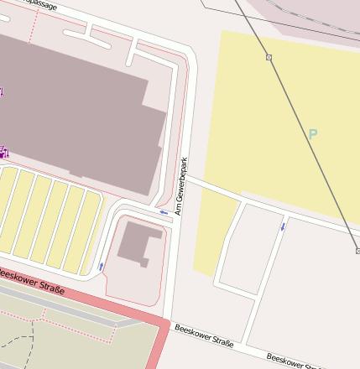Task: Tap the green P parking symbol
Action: click(313, 133)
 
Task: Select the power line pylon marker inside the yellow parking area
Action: click(269, 57)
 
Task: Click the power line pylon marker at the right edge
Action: click(357, 250)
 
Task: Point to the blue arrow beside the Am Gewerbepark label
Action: click(164, 213)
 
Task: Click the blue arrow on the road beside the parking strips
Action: click(102, 266)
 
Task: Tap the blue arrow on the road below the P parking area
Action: click(283, 226)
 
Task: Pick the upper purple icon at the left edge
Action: click(2, 91)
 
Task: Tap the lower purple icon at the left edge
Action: click(3, 152)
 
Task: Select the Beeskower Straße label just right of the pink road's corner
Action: click(204, 335)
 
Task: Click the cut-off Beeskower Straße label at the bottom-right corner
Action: click(294, 361)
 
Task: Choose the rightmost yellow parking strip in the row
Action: click(87, 230)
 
